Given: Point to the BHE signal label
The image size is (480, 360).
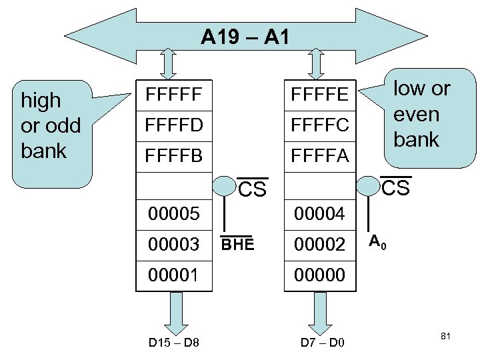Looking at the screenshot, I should pos(238,244).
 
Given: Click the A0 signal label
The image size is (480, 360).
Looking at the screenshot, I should pos(377,241).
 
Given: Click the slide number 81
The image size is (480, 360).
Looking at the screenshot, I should pos(446,336).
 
